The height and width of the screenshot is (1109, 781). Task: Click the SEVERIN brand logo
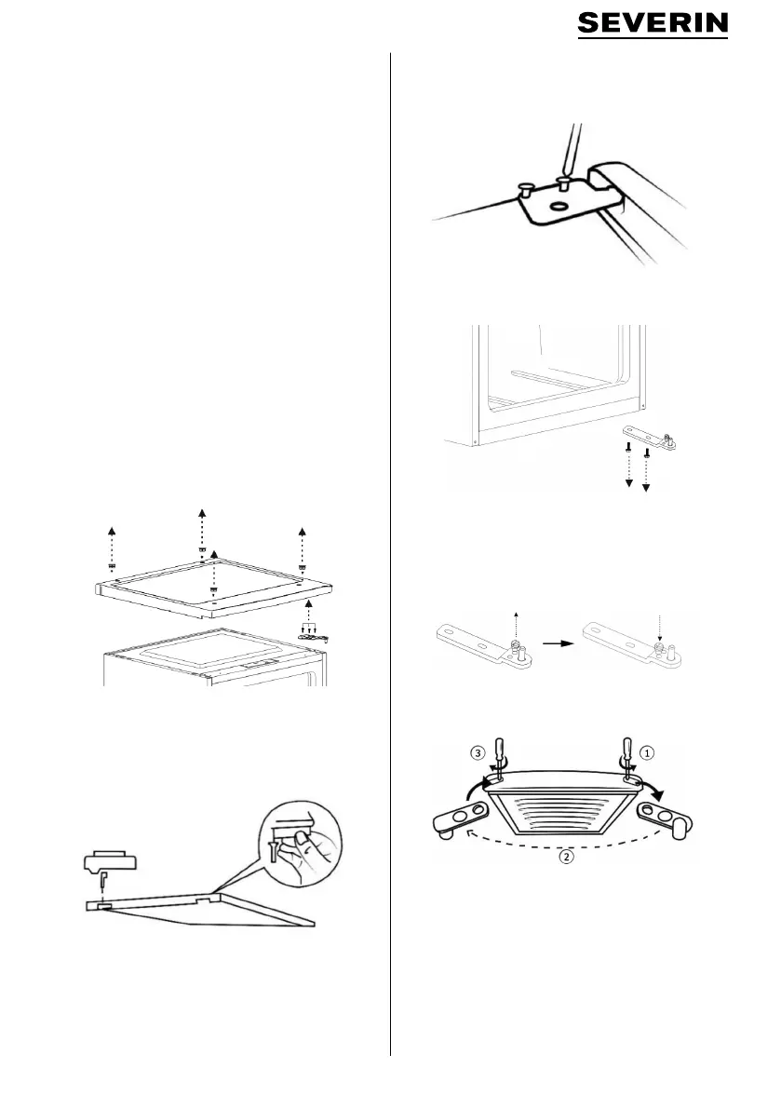click(653, 25)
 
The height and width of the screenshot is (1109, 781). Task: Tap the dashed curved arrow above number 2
click(558, 833)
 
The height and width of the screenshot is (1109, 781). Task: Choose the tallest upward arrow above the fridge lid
click(202, 533)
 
